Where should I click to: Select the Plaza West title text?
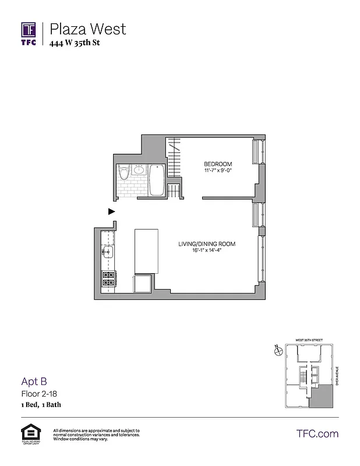pos(87,28)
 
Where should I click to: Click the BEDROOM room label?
pos(218,164)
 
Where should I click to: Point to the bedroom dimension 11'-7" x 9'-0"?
pos(218,171)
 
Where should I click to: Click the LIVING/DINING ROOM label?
pos(207,243)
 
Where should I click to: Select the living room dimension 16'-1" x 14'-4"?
pos(207,251)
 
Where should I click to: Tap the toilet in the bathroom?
pos(123,174)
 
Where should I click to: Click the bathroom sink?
pos(139,171)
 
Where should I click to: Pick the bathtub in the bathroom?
pos(157,181)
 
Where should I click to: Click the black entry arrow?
pos(111,211)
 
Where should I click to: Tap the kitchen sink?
pos(108,252)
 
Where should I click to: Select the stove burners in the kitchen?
pos(108,279)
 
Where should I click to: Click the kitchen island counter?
pos(146,251)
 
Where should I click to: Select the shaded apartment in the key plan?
pos(322,397)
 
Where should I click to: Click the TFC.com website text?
pos(317,433)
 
